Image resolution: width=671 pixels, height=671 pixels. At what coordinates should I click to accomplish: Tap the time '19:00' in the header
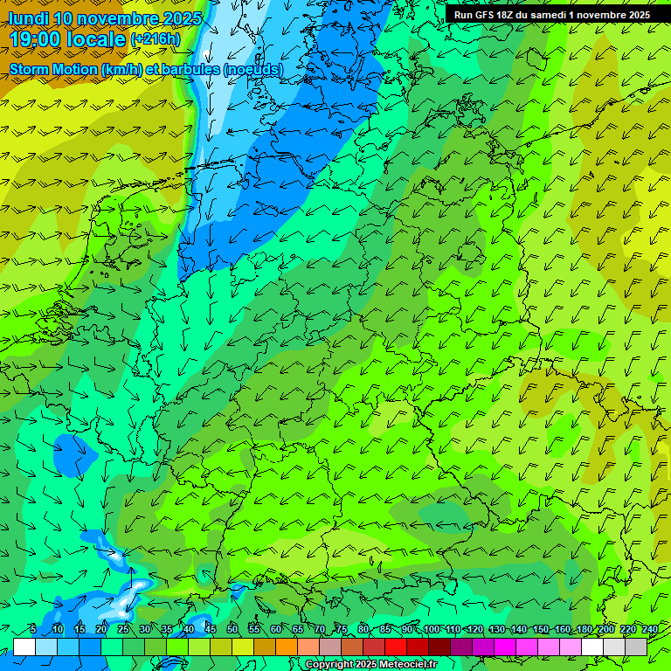point(39,39)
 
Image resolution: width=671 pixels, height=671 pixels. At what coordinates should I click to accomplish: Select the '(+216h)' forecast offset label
point(155,39)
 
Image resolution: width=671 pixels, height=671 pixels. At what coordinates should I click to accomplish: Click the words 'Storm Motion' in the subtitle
point(52,69)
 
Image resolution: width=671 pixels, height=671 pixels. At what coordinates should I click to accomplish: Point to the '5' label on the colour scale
point(32,630)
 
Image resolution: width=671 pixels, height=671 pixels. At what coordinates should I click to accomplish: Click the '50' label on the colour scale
point(232,630)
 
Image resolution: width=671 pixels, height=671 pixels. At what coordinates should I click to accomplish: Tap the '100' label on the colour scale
point(431,630)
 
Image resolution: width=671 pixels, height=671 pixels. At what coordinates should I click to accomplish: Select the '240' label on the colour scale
point(650,630)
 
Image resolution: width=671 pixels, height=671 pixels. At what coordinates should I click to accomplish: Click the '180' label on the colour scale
point(584,630)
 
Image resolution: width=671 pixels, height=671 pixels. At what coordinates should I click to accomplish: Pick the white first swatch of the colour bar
point(24,647)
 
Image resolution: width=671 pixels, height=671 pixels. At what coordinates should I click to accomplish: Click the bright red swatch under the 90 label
point(396,647)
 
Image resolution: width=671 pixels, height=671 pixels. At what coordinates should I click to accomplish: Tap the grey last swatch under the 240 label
point(636,647)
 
